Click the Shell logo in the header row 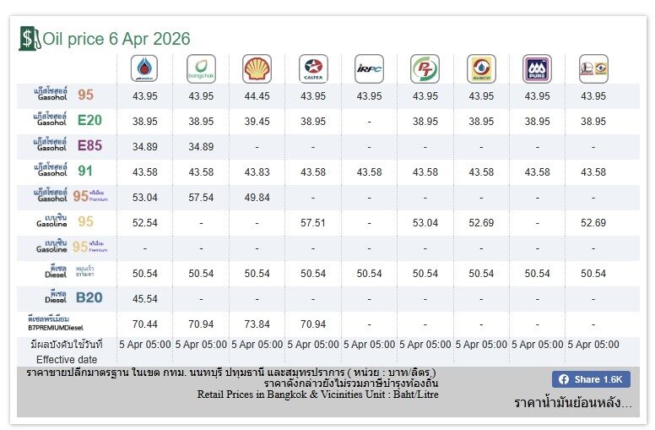pyautogui.click(x=257, y=68)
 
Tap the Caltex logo pyautogui.click(x=313, y=68)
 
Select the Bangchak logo pyautogui.click(x=201, y=68)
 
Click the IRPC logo pyautogui.click(x=369, y=68)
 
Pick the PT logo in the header pyautogui.click(x=425, y=68)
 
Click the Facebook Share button pyautogui.click(x=591, y=379)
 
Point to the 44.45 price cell pyautogui.click(x=257, y=96)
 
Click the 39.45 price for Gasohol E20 pyautogui.click(x=257, y=122)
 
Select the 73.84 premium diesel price pyautogui.click(x=257, y=324)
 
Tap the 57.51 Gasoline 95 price pyautogui.click(x=313, y=223)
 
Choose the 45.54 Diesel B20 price pyautogui.click(x=145, y=299)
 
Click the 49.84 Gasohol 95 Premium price pyautogui.click(x=257, y=198)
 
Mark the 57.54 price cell pyautogui.click(x=201, y=198)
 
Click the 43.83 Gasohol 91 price pyautogui.click(x=257, y=172)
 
